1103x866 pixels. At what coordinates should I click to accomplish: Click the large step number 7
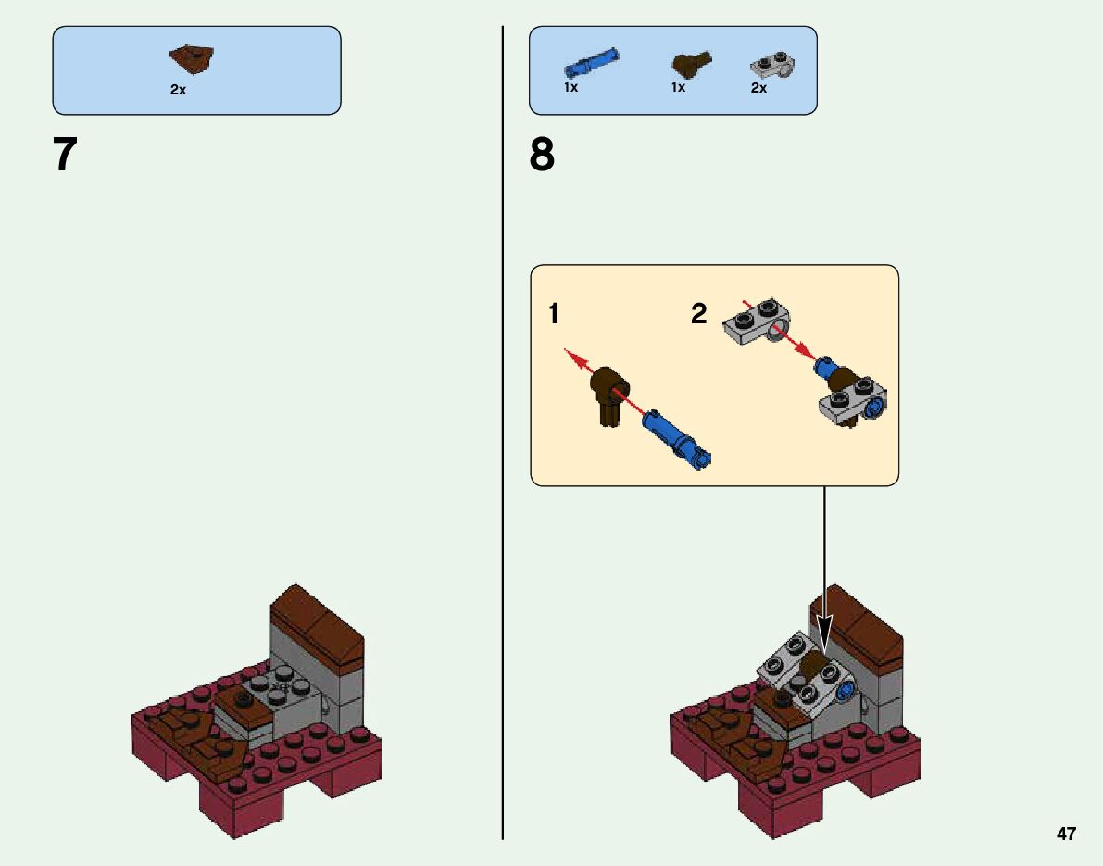(65, 156)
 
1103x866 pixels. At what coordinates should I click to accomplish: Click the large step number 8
(542, 156)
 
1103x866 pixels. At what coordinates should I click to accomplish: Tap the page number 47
(1066, 834)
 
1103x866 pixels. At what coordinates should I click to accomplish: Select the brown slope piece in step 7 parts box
(192, 59)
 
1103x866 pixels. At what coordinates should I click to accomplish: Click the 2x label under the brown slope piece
(178, 91)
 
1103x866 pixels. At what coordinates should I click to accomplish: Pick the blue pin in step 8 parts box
(590, 63)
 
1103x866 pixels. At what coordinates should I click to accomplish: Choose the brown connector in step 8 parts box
(690, 65)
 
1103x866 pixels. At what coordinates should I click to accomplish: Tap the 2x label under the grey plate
(758, 88)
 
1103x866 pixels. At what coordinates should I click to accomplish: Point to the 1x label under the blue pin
(570, 88)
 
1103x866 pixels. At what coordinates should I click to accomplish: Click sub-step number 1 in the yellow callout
(553, 315)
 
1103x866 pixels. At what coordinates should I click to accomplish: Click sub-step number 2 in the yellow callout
(698, 315)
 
